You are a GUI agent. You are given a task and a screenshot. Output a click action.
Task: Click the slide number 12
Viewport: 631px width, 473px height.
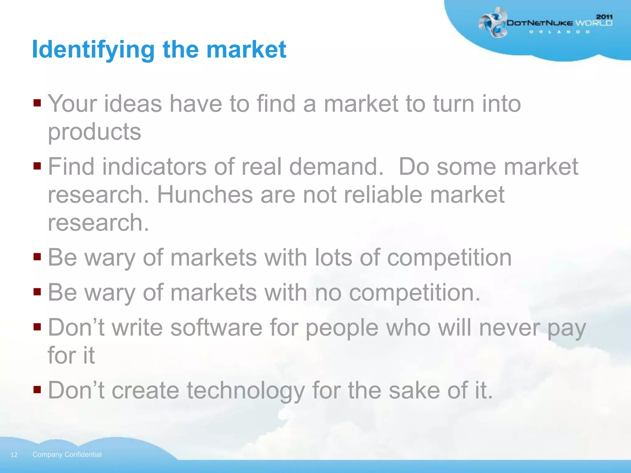coord(14,455)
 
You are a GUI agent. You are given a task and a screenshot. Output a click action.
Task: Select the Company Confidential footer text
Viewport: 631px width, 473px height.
coord(67,455)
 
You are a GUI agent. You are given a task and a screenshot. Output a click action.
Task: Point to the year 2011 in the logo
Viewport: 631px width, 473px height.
coord(604,17)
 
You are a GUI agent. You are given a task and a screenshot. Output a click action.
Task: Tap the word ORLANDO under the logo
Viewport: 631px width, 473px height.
coord(559,32)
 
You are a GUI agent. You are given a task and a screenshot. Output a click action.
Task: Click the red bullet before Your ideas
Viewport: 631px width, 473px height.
coord(37,103)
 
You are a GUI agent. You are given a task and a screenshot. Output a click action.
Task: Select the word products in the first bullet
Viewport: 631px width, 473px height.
coord(94,132)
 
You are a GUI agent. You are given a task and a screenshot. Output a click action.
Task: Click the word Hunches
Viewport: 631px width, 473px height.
coord(205,195)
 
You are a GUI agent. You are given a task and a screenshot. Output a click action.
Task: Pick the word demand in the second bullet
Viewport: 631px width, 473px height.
coord(336,167)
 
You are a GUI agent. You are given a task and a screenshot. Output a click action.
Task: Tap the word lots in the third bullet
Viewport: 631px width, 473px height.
coord(333,257)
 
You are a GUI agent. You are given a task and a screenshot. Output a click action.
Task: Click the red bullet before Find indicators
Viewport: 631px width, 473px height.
coord(37,166)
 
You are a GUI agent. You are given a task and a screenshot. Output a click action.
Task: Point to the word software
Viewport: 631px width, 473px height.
coord(216,328)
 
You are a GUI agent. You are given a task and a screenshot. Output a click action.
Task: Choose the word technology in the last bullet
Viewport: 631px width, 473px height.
coord(246,390)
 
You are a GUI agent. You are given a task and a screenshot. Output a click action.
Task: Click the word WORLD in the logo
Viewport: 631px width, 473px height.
coord(593,23)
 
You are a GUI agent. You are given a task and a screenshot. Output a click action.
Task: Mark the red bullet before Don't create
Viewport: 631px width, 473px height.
coord(37,390)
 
